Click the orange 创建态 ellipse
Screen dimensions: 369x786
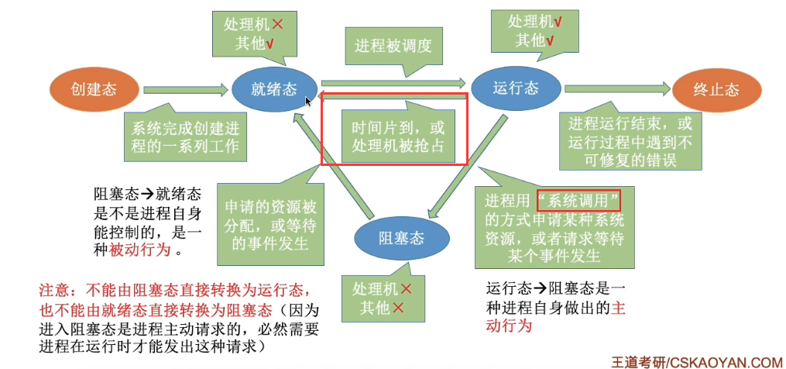(x=94, y=90)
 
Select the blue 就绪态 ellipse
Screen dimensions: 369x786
(x=274, y=89)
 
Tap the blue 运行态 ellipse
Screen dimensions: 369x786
(x=515, y=88)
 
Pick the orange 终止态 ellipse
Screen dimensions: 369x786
(x=716, y=90)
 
